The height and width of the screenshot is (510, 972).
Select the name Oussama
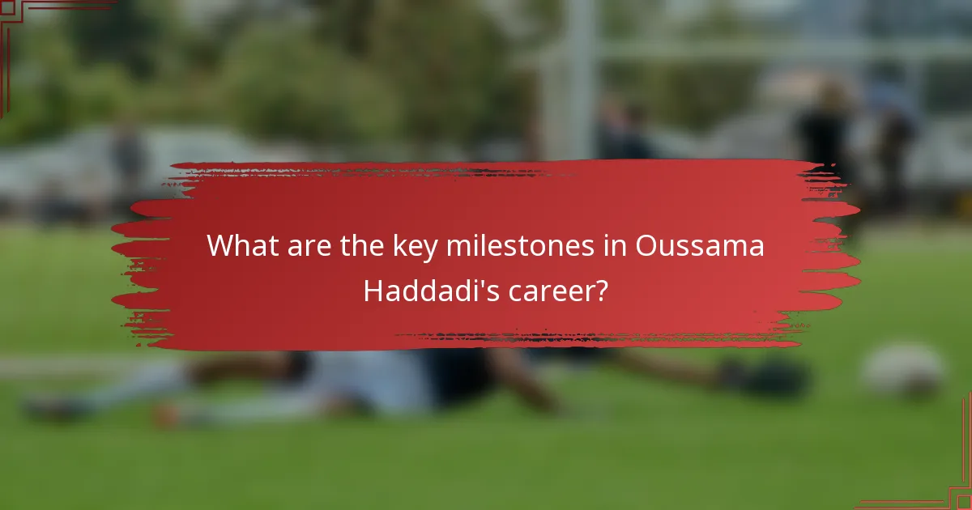coord(700,246)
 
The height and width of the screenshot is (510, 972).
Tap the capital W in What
coord(220,246)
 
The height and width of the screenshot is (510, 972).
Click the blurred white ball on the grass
coord(902,369)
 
